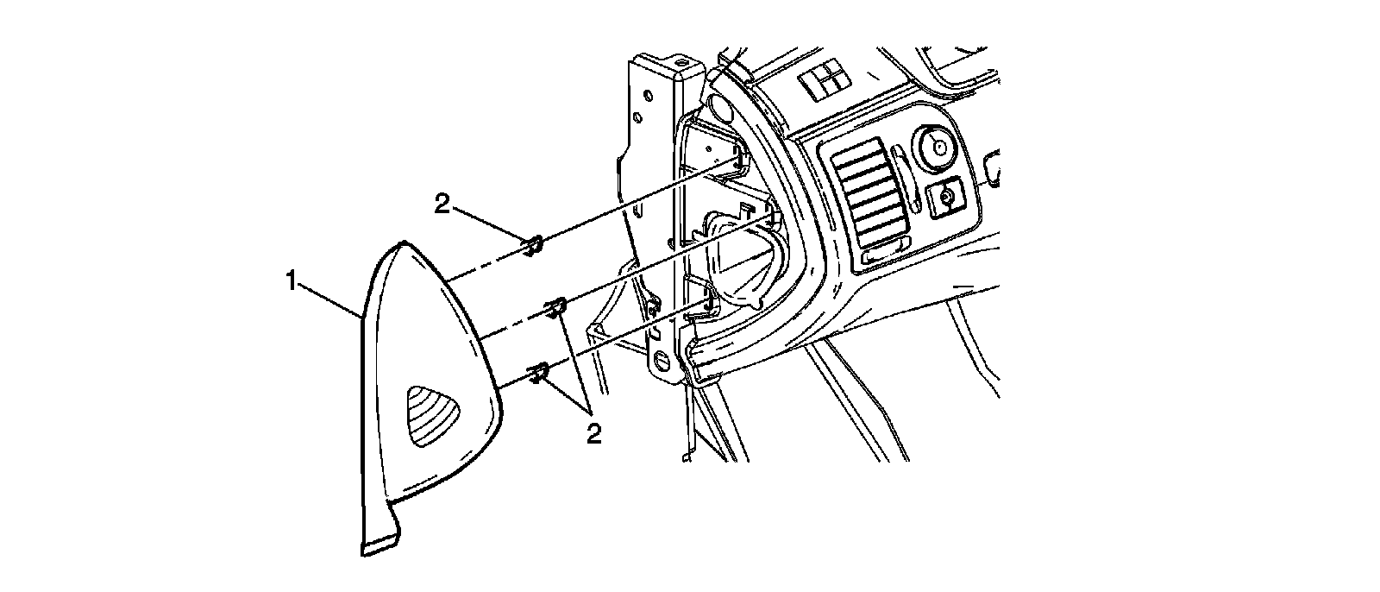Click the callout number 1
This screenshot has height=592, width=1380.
click(x=293, y=281)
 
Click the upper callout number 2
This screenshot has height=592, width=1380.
click(x=442, y=204)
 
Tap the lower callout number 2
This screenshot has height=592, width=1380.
click(x=593, y=432)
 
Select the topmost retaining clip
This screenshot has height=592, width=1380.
click(x=533, y=245)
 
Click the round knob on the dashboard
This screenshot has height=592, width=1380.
click(x=936, y=145)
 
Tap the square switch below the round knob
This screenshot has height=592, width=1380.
click(x=946, y=198)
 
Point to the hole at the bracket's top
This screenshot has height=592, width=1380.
click(x=681, y=63)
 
